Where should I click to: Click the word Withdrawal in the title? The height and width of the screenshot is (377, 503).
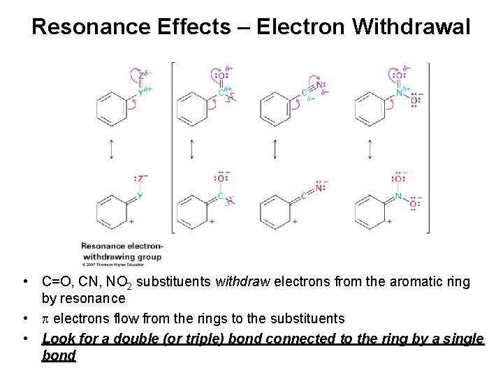click(412, 27)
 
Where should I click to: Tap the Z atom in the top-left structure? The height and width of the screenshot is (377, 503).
click(141, 75)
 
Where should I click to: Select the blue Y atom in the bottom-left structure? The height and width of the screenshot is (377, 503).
click(140, 196)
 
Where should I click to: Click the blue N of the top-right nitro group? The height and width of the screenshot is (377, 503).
click(398, 91)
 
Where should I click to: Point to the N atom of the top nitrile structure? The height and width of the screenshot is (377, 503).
click(319, 85)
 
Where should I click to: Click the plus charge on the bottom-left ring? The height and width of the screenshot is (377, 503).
click(132, 221)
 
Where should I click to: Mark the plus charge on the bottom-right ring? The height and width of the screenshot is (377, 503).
click(389, 221)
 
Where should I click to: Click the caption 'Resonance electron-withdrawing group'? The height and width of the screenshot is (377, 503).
click(122, 251)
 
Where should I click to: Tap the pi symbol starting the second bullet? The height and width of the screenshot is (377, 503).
click(45, 319)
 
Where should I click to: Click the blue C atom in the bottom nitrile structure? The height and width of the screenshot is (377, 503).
click(303, 196)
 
